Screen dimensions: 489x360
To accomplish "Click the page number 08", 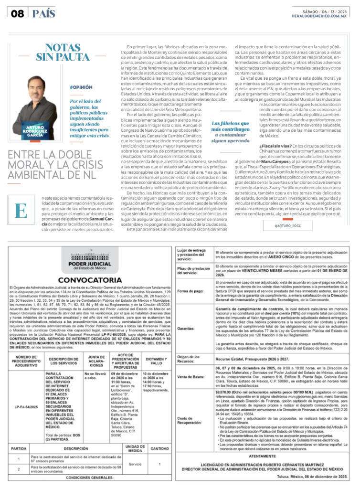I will [17, 13].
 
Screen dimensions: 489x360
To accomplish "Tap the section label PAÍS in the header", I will [44, 13].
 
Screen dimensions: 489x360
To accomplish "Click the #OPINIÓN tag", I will [81, 87].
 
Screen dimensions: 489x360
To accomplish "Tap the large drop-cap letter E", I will [21, 211].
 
